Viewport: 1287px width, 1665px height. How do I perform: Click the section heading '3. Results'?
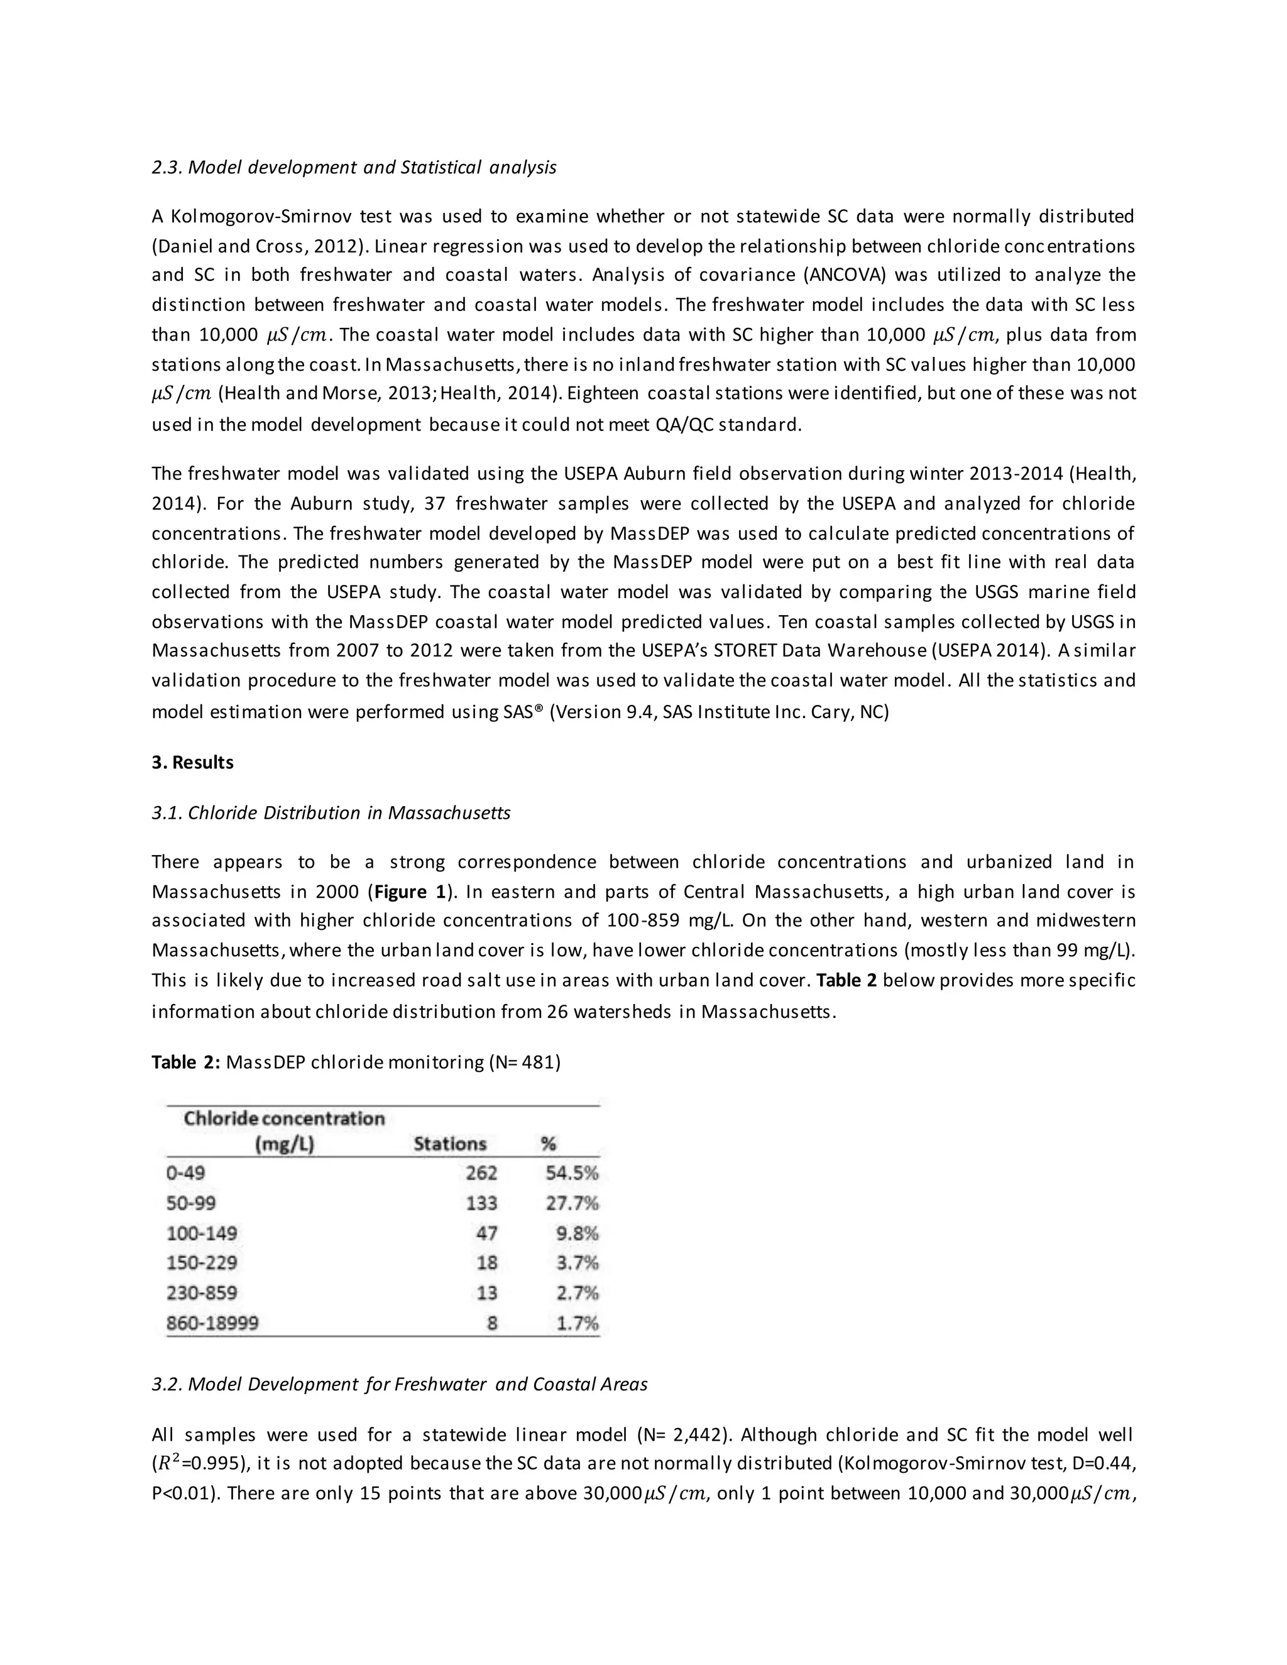(192, 762)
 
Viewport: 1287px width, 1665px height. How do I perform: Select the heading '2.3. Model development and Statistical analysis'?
(354, 167)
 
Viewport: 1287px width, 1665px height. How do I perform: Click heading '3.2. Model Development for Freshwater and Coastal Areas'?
(400, 1384)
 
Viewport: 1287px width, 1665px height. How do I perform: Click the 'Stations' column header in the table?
(449, 1144)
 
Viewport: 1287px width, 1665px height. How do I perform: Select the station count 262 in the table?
(481, 1172)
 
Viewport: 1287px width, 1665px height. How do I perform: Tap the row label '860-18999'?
(212, 1323)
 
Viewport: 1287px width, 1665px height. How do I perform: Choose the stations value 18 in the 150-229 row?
(486, 1262)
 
